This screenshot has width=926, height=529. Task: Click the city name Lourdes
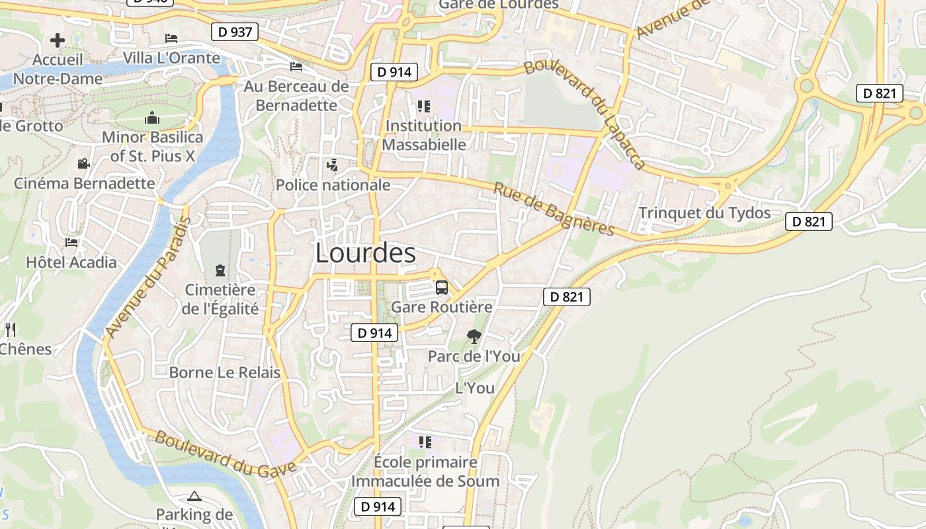click(365, 253)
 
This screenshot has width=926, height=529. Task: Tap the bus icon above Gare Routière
click(441, 288)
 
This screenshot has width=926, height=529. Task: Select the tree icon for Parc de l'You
click(474, 337)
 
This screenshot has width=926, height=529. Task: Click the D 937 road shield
click(234, 31)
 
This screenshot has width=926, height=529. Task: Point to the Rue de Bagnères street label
click(554, 209)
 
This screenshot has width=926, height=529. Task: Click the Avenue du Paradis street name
click(147, 277)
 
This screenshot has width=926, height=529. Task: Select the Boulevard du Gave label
click(225, 456)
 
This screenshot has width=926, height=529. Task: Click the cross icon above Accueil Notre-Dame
click(58, 40)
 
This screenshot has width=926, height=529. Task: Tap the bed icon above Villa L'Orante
click(171, 38)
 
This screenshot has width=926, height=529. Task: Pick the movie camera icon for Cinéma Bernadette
click(83, 163)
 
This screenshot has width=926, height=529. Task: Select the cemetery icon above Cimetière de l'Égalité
click(220, 270)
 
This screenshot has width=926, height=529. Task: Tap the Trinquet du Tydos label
click(704, 213)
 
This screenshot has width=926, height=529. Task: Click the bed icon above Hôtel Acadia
click(71, 243)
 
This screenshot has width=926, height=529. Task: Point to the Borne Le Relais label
click(225, 372)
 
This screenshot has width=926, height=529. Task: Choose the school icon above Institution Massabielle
click(423, 106)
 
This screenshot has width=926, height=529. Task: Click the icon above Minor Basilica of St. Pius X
click(152, 118)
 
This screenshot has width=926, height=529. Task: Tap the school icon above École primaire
click(425, 442)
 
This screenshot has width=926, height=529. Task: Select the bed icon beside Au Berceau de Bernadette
click(296, 67)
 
